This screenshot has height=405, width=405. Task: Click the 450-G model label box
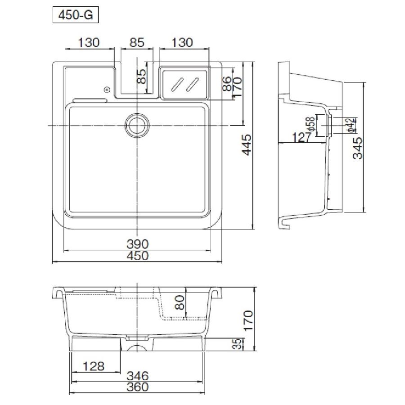(x=76, y=15)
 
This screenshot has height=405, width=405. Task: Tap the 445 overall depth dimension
(x=247, y=144)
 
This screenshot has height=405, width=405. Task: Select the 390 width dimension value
(x=137, y=244)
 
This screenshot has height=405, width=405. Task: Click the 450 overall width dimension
(x=137, y=256)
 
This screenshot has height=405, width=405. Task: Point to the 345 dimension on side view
(x=358, y=148)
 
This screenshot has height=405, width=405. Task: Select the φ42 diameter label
(x=351, y=125)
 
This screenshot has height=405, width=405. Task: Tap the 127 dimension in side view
(x=301, y=137)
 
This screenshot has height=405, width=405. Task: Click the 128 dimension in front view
(x=94, y=366)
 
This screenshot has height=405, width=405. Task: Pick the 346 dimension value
(x=137, y=376)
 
